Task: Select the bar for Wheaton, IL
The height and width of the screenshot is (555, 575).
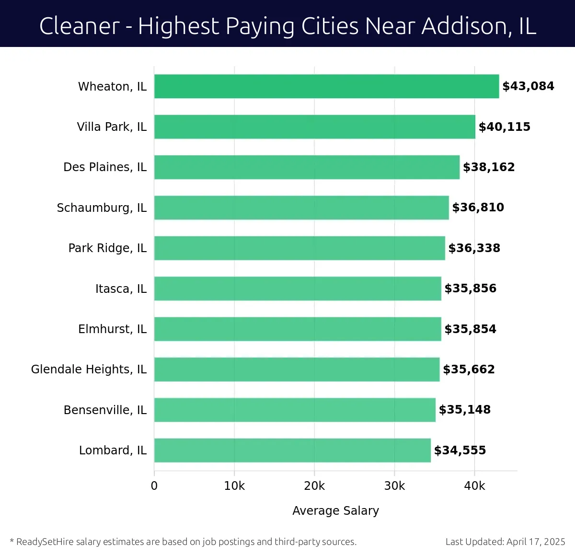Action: [x=326, y=86]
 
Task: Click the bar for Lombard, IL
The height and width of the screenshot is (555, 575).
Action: [x=292, y=450]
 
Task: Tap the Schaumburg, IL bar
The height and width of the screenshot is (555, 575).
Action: [x=301, y=208]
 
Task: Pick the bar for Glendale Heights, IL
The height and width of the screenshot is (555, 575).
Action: [x=297, y=370]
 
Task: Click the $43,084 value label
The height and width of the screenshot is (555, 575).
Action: [x=528, y=86]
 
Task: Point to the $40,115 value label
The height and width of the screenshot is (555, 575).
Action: [x=505, y=127]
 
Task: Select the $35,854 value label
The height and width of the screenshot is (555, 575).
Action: [x=470, y=329]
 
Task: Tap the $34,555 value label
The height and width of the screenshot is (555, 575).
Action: [x=460, y=451]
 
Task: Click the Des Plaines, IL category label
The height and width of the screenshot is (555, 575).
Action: [x=105, y=167]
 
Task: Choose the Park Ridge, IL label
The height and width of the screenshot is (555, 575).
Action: [x=107, y=248]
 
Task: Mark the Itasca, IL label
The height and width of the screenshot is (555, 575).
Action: [x=121, y=289]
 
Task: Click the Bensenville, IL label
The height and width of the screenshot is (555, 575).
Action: [x=105, y=410]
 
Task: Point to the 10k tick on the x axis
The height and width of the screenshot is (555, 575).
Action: [x=234, y=486]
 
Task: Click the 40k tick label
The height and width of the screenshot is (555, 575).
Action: [x=474, y=486]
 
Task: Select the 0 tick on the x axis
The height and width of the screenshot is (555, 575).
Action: [x=154, y=486]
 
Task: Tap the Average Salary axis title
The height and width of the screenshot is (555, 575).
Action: [x=335, y=511]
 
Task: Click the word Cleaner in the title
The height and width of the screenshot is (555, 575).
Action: [x=79, y=26]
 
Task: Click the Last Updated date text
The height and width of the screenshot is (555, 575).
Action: [x=505, y=542]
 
